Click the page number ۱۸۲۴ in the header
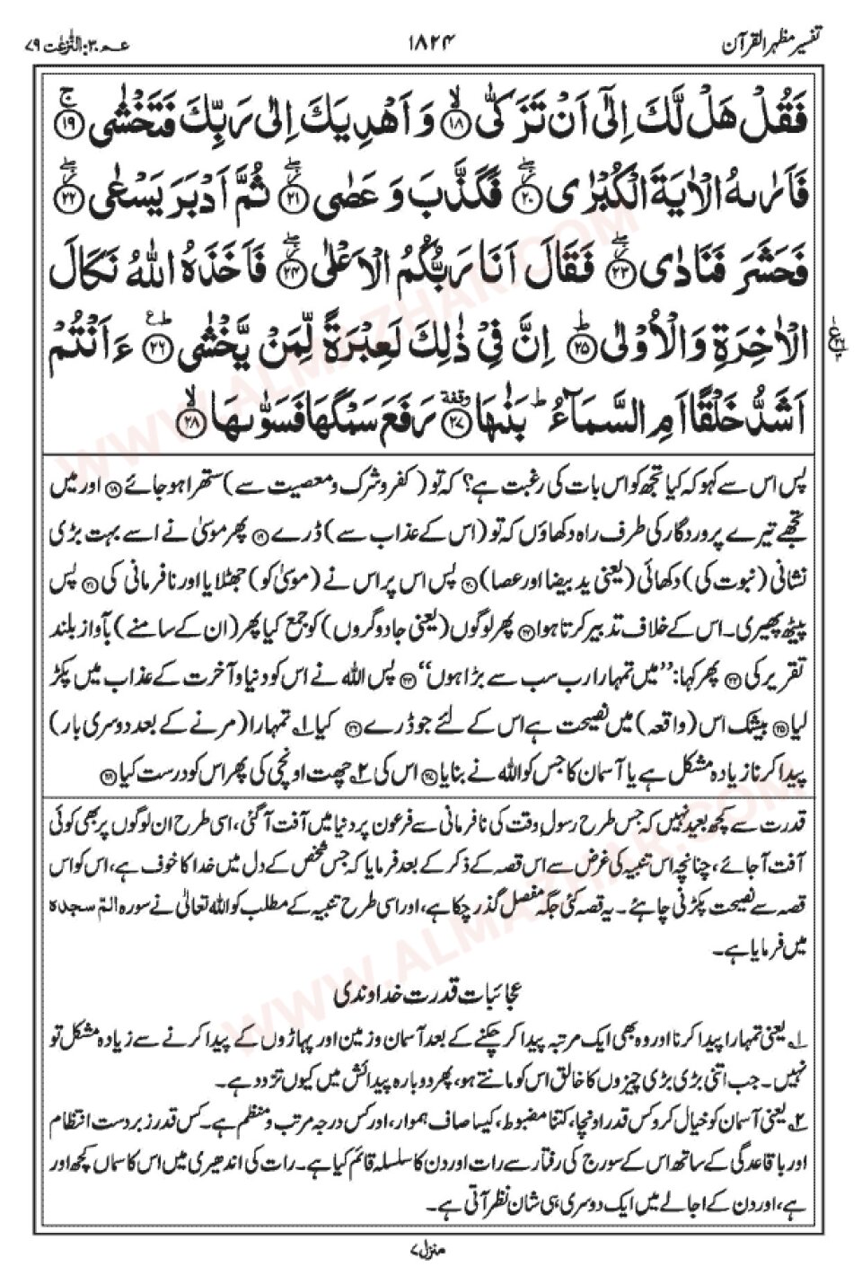[432, 41]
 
